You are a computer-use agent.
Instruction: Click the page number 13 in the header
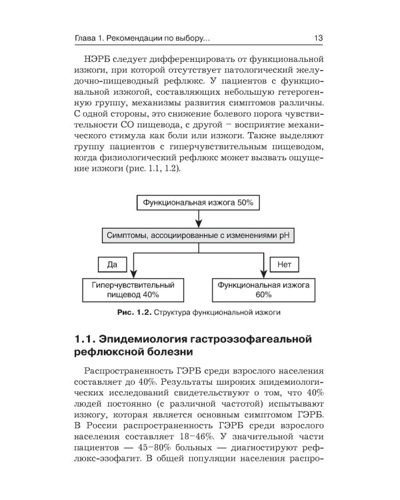[x=318, y=38]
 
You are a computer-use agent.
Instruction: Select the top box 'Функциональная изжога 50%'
[x=199, y=201]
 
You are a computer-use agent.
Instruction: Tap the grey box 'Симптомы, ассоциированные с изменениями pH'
[x=199, y=235]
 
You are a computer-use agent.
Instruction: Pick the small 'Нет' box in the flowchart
[x=285, y=265]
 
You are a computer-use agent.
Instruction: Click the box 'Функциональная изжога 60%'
[x=263, y=289]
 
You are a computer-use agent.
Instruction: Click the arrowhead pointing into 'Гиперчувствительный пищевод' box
[x=133, y=273]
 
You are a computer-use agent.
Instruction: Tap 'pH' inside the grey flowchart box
[x=285, y=235]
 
